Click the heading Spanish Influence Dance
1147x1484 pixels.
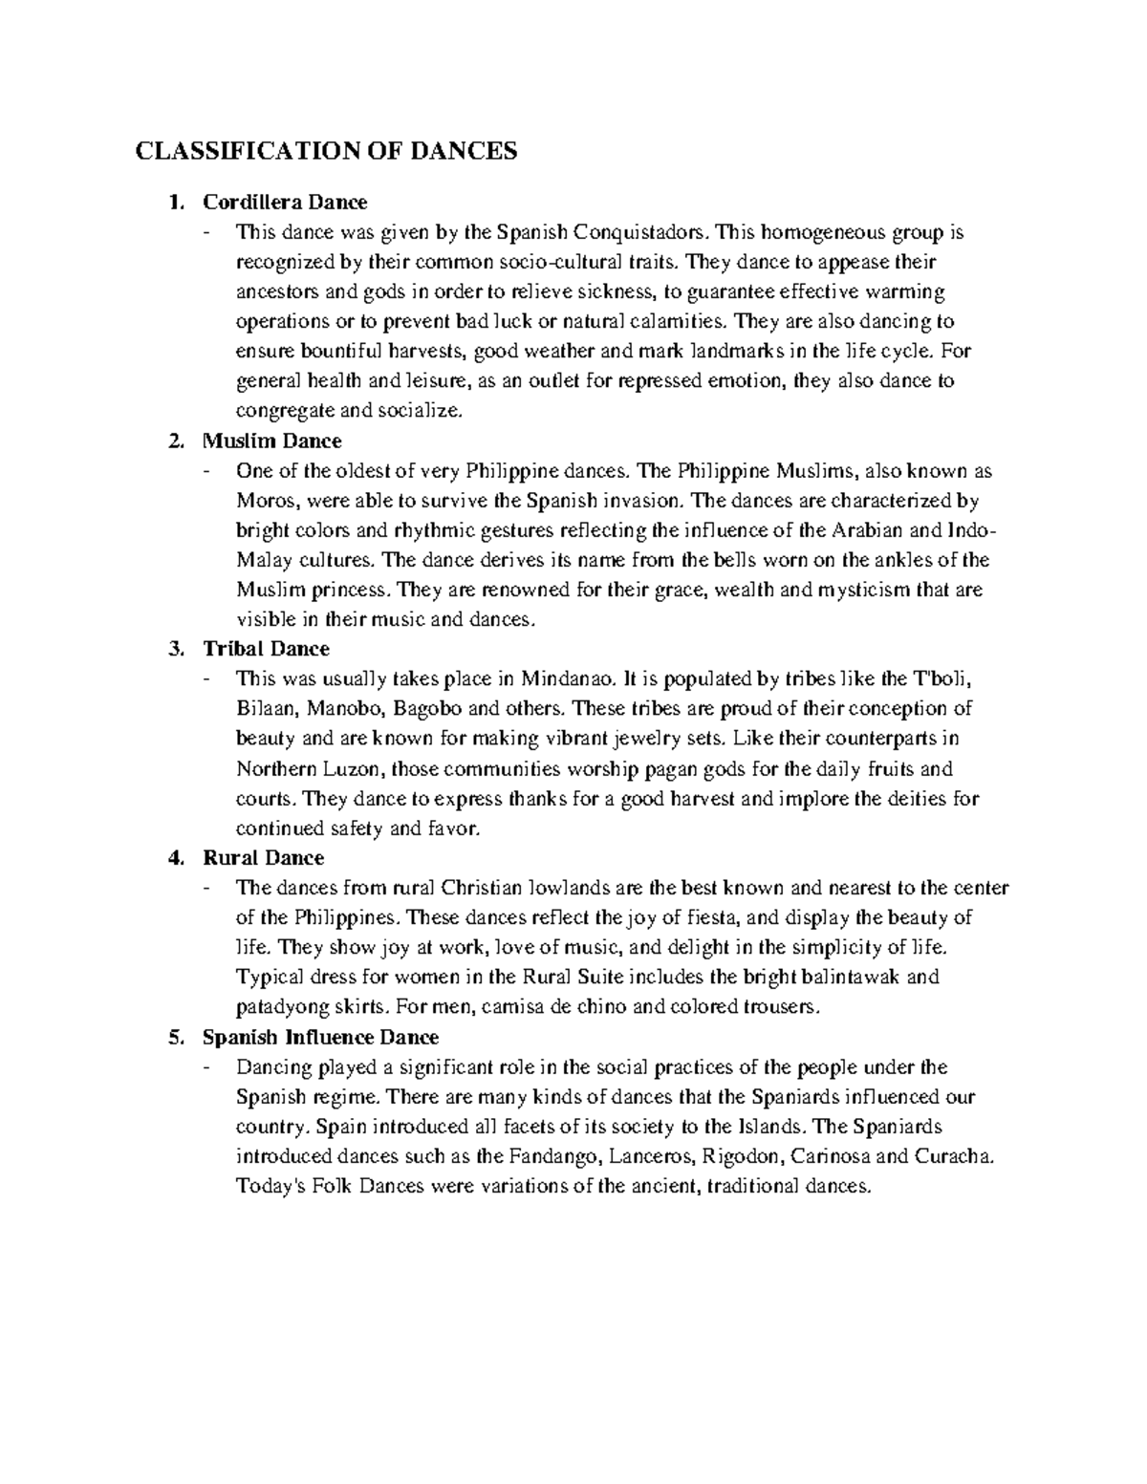pos(320,1037)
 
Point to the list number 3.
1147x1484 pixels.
pos(173,649)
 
